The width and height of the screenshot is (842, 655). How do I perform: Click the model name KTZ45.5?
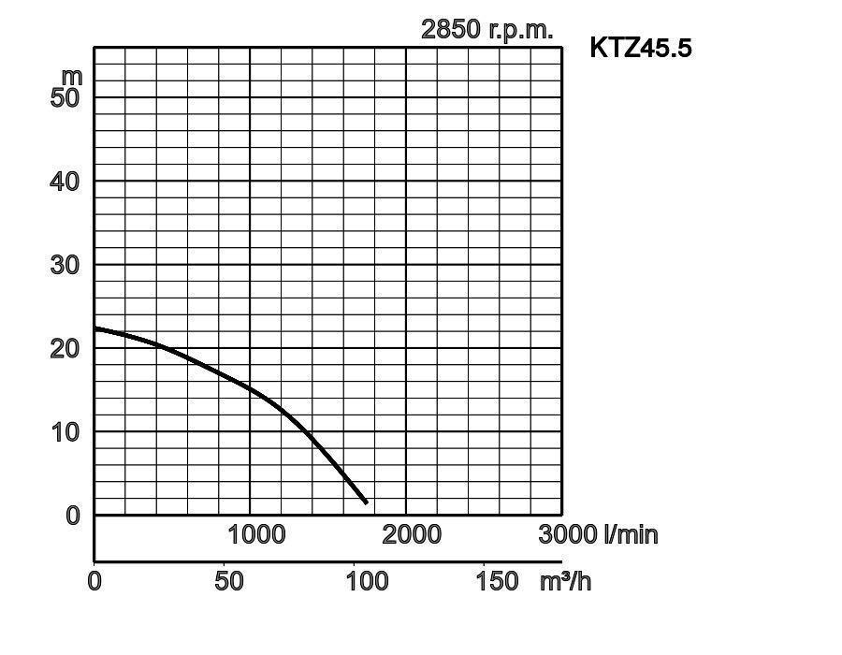pyautogui.click(x=641, y=48)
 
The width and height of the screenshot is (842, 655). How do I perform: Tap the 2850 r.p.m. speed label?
pyautogui.click(x=486, y=29)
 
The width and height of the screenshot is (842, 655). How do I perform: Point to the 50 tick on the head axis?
pyautogui.click(x=65, y=97)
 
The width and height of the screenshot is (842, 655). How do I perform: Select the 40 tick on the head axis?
pyautogui.click(x=65, y=181)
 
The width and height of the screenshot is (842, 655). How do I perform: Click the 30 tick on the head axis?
pyautogui.click(x=65, y=265)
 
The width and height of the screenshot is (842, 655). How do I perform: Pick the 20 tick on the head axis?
pyautogui.click(x=65, y=348)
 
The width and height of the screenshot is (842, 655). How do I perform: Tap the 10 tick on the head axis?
pyautogui.click(x=65, y=431)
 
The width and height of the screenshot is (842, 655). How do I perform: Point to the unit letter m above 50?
pyautogui.click(x=72, y=75)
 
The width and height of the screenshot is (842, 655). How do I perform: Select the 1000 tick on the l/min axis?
pyautogui.click(x=256, y=534)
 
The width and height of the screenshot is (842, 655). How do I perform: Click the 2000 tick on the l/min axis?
pyautogui.click(x=412, y=534)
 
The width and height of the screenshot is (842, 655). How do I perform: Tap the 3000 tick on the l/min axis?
pyautogui.click(x=568, y=534)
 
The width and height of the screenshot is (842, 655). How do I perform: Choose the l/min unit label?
pyautogui.click(x=631, y=534)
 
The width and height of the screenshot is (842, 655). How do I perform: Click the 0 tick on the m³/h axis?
pyautogui.click(x=94, y=581)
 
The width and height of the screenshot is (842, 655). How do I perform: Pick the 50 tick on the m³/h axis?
pyautogui.click(x=228, y=581)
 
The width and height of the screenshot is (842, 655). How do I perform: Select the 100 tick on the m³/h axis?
pyautogui.click(x=368, y=581)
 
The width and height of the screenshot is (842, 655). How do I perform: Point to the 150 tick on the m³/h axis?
pyautogui.click(x=497, y=581)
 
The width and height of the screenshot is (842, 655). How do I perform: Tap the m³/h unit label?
pyautogui.click(x=565, y=581)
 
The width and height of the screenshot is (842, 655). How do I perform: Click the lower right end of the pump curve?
pyautogui.click(x=366, y=502)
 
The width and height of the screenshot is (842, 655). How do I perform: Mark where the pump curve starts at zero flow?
pyautogui.click(x=95, y=328)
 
